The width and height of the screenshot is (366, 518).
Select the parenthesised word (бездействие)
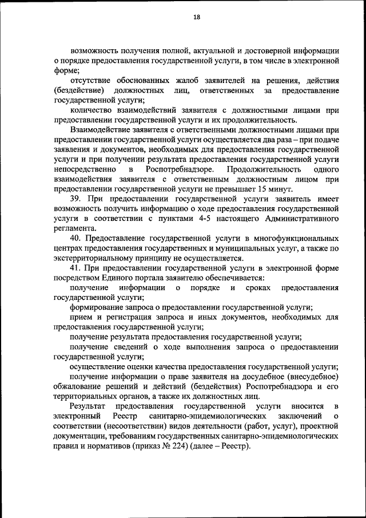(79, 90)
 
